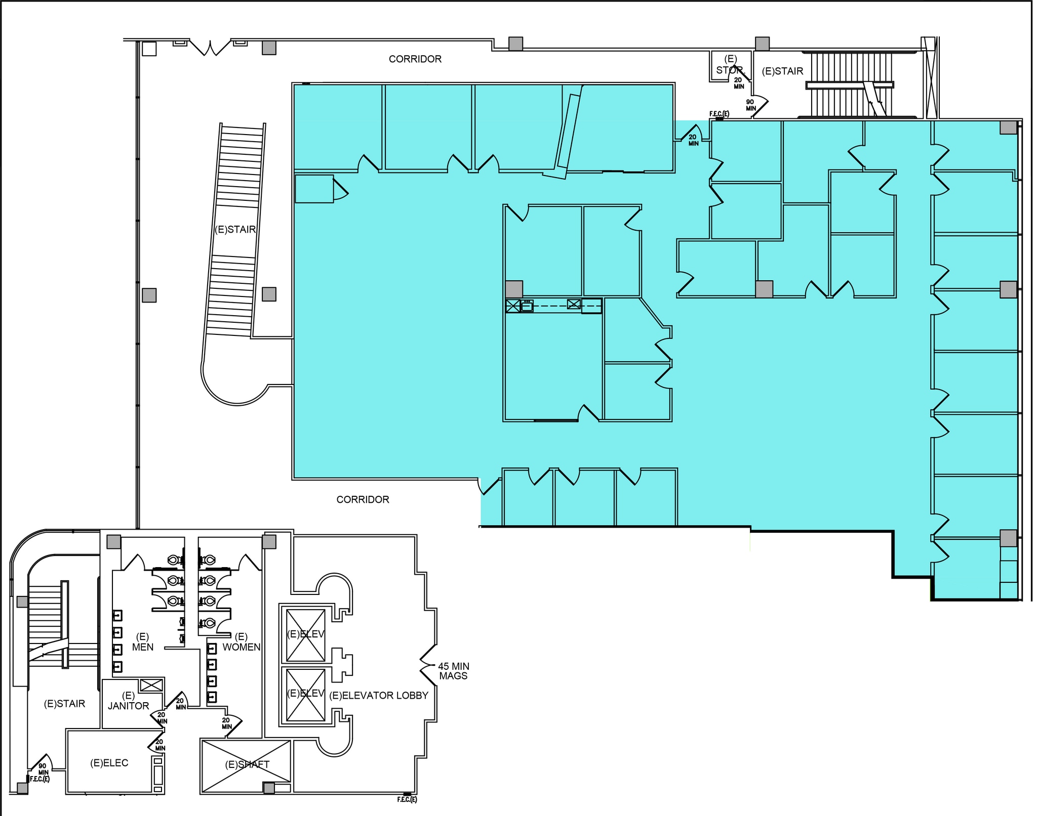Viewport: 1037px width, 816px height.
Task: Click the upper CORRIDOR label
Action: [415, 59]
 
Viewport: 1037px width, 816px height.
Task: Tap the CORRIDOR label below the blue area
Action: [363, 499]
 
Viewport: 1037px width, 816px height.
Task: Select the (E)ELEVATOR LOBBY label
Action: [379, 696]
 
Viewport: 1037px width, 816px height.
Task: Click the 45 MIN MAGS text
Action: [453, 671]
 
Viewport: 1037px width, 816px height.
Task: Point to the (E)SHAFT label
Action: [247, 764]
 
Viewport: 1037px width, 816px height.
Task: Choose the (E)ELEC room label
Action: [109, 763]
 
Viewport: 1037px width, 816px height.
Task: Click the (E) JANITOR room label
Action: [128, 701]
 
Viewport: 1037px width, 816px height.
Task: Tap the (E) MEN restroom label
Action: [142, 642]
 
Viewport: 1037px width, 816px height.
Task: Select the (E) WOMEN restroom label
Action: [241, 642]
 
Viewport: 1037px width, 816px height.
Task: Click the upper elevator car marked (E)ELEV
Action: [305, 634]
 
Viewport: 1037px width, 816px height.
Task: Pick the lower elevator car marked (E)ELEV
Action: [305, 693]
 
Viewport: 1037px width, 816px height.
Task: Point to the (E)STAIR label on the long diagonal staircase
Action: [235, 230]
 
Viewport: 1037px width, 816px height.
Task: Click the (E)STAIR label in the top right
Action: [782, 71]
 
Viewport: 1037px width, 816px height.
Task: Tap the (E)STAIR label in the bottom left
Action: [64, 704]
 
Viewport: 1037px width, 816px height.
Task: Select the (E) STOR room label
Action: [729, 65]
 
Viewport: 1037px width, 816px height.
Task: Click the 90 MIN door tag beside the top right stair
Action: [750, 105]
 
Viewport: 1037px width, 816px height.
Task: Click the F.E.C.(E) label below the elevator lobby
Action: [407, 799]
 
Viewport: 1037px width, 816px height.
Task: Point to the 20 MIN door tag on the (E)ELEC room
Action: [160, 745]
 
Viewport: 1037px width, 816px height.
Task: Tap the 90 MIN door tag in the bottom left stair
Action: [43, 769]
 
